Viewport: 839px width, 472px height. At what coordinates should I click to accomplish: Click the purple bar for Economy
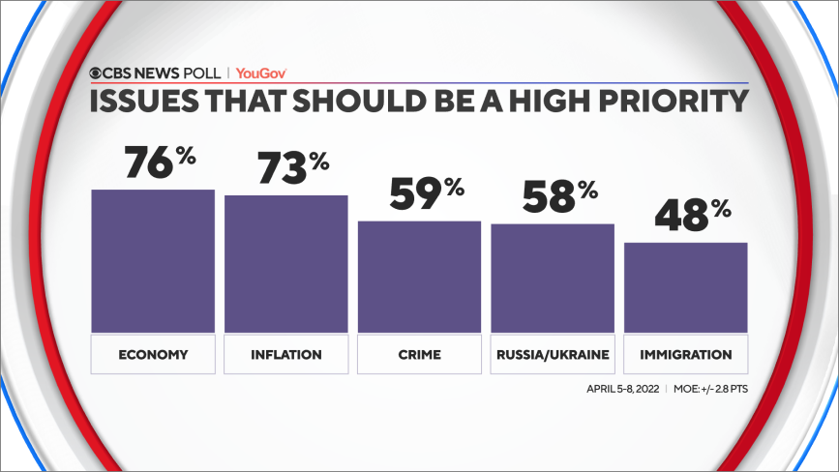pyautogui.click(x=153, y=261)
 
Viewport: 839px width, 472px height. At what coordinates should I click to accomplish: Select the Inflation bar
pyautogui.click(x=286, y=264)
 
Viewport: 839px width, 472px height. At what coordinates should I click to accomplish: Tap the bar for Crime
pyautogui.click(x=420, y=277)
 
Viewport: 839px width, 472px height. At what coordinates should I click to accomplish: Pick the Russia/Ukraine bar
pyautogui.click(x=553, y=279)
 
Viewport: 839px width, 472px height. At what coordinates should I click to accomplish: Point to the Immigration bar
pyautogui.click(x=686, y=288)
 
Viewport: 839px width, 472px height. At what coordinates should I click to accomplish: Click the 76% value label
pyautogui.click(x=160, y=162)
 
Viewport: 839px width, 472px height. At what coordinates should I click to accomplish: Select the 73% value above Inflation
pyautogui.click(x=293, y=167)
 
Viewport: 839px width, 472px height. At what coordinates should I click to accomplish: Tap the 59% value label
pyautogui.click(x=427, y=193)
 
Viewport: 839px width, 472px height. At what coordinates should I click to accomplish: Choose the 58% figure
pyautogui.click(x=560, y=196)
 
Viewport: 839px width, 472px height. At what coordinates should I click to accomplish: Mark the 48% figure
pyautogui.click(x=693, y=215)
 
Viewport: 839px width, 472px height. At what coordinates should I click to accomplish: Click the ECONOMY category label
pyautogui.click(x=153, y=354)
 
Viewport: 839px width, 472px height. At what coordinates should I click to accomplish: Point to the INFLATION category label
pyautogui.click(x=286, y=354)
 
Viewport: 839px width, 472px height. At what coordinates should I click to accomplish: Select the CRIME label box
pyautogui.click(x=420, y=354)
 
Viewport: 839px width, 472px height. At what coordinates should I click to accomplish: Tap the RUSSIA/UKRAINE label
pyautogui.click(x=553, y=354)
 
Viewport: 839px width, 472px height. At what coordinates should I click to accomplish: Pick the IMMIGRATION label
pyautogui.click(x=686, y=354)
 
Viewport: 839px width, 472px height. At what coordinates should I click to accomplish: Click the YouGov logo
pyautogui.click(x=261, y=74)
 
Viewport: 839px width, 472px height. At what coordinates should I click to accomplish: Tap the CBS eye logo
pyautogui.click(x=95, y=74)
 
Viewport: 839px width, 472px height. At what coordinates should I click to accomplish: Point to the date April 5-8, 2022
pyautogui.click(x=623, y=389)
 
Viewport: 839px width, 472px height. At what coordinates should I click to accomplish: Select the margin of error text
pyautogui.click(x=710, y=389)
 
